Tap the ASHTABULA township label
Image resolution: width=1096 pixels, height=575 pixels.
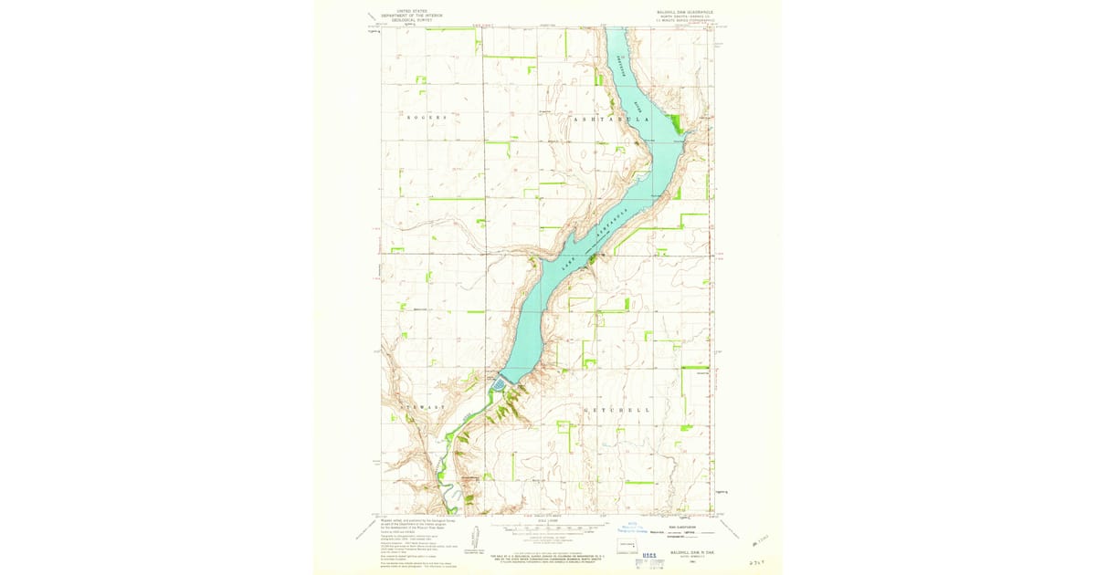point(612,120)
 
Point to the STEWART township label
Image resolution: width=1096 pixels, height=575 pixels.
point(421,407)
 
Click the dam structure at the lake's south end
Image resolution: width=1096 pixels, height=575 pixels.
point(500,384)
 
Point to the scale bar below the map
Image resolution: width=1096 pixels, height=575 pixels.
point(548,530)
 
